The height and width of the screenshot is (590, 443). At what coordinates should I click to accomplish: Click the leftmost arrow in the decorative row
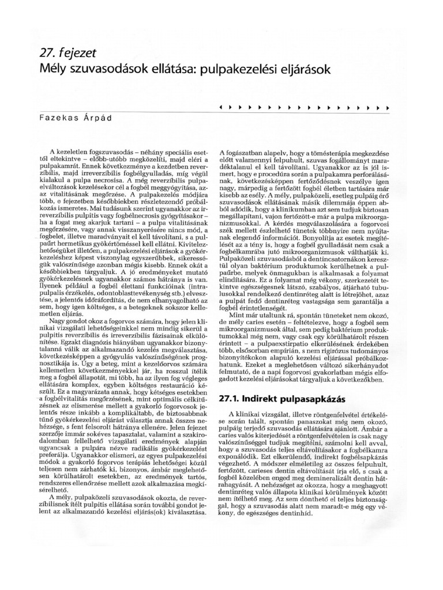pos(223,107)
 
